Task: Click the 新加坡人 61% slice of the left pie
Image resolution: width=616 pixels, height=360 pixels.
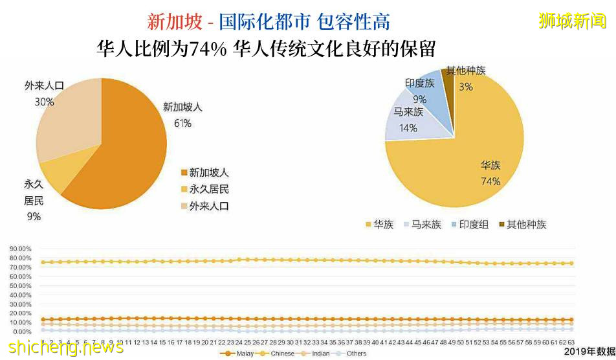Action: coord(123,155)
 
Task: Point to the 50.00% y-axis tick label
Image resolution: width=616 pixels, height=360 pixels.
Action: coord(20,286)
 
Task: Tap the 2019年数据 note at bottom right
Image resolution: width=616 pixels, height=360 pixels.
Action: coord(588,351)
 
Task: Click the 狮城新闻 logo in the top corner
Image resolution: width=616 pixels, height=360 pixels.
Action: coord(573,21)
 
